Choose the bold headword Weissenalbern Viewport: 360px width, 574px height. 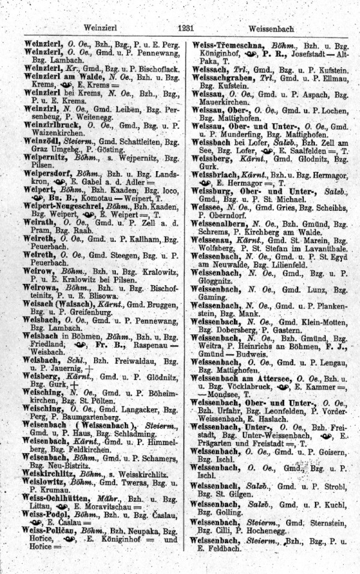click(x=225, y=223)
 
